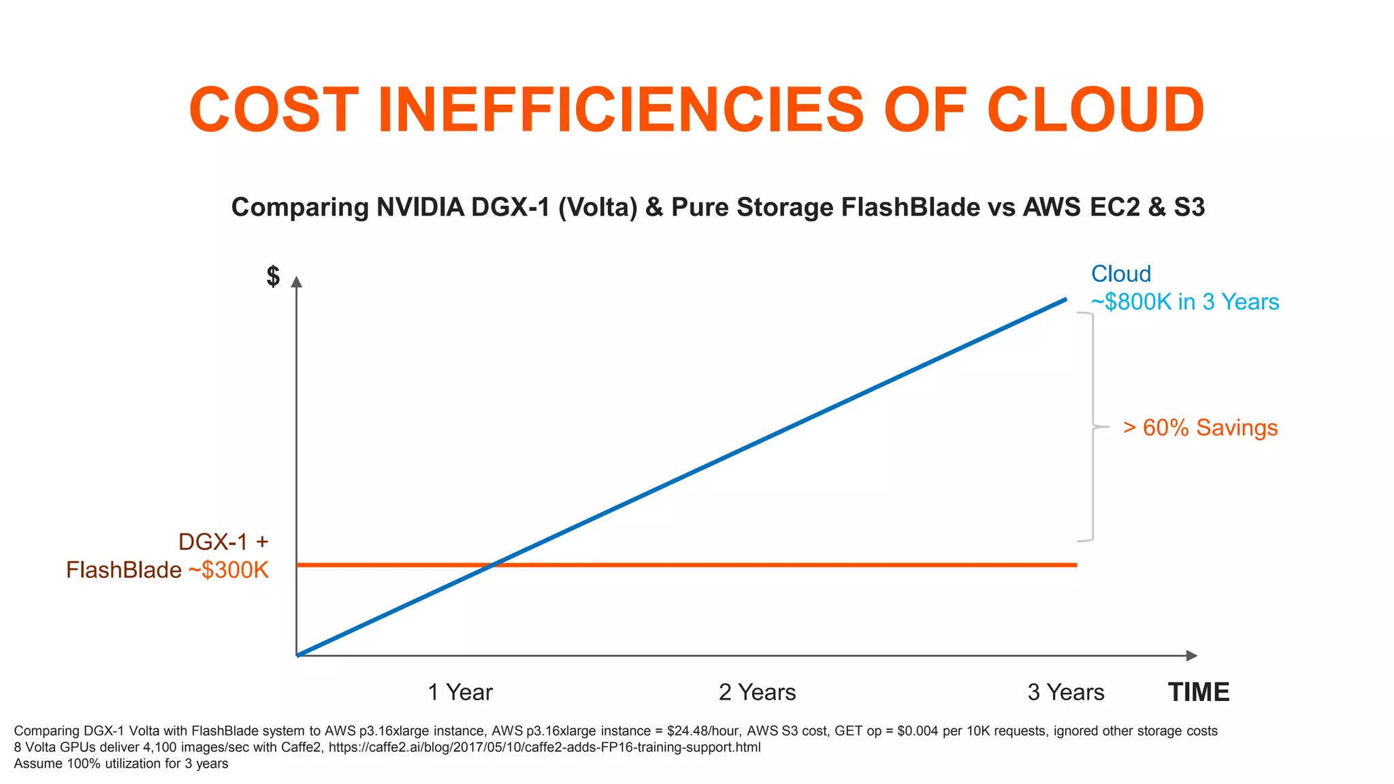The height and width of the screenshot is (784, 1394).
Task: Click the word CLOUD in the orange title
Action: click(x=1095, y=110)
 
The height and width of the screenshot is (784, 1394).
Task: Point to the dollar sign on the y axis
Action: click(x=273, y=276)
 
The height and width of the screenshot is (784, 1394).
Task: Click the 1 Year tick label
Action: click(x=459, y=692)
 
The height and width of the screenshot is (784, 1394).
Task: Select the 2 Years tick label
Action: click(x=757, y=692)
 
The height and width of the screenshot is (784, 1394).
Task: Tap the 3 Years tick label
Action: click(x=1065, y=692)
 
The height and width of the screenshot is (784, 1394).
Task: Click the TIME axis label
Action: click(x=1199, y=692)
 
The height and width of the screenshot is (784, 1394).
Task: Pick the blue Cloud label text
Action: click(x=1120, y=274)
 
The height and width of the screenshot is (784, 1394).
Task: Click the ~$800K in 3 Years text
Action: click(x=1184, y=301)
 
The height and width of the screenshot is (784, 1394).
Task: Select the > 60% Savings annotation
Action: click(x=1200, y=427)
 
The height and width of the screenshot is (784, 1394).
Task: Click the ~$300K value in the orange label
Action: click(x=229, y=570)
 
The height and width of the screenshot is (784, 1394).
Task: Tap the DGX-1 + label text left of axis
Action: click(x=223, y=542)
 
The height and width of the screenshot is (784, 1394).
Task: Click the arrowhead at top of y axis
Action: click(x=296, y=281)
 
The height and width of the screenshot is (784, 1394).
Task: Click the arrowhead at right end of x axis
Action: click(x=1192, y=655)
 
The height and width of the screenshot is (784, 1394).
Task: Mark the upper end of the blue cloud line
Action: click(x=1065, y=299)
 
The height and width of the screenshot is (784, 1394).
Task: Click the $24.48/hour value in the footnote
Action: click(x=703, y=731)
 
